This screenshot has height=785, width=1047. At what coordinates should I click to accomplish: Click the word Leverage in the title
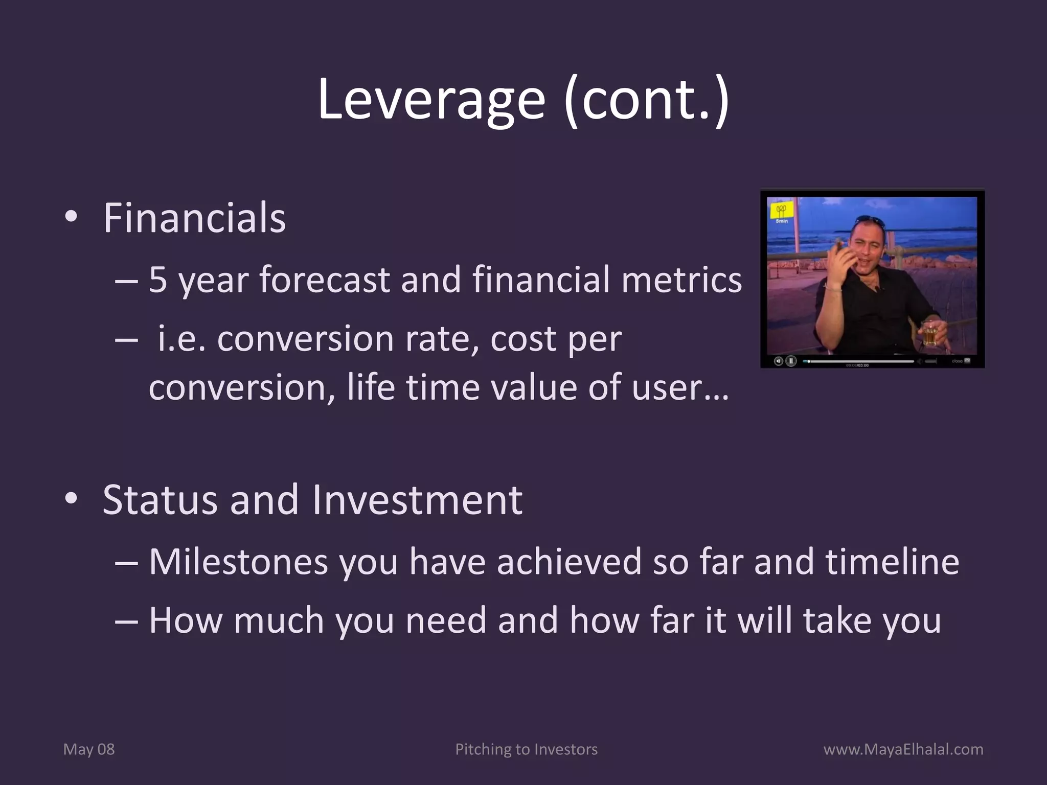[431, 100]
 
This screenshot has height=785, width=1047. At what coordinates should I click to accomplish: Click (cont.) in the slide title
[646, 100]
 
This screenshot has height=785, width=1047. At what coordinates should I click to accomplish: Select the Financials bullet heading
[194, 219]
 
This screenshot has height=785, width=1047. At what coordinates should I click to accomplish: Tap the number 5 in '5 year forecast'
[158, 280]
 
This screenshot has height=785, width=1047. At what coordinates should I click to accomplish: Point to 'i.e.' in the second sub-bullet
[181, 339]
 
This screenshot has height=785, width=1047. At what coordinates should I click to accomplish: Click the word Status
[160, 500]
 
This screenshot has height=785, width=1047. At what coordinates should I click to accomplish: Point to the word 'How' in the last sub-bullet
[186, 620]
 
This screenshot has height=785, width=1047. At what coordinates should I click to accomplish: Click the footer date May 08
[89, 749]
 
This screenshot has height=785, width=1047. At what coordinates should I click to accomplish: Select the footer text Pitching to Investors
[526, 749]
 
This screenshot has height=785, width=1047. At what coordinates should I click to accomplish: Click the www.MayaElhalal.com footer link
[903, 749]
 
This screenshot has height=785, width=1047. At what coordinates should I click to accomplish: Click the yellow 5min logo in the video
[782, 212]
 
